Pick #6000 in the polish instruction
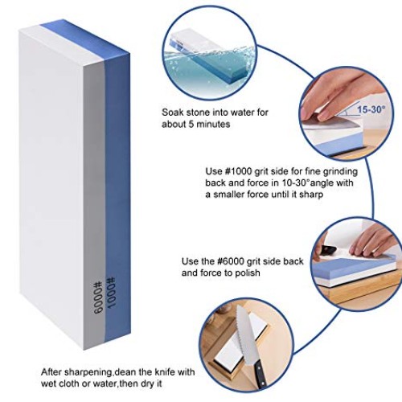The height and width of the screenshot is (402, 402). pyautogui.click(x=232, y=262)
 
